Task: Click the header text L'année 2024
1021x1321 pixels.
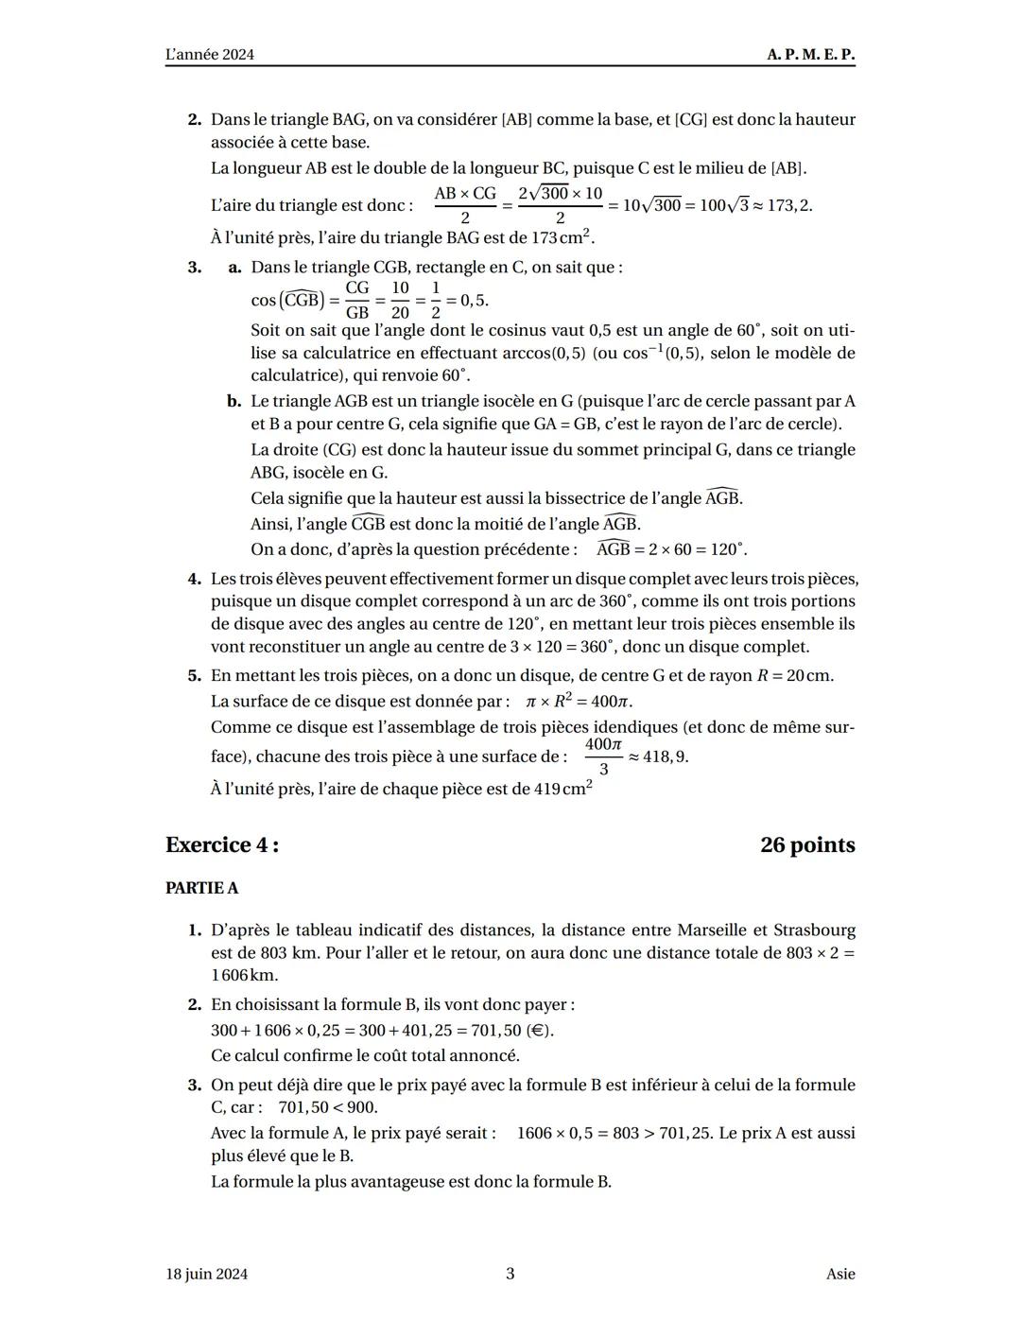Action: click(209, 54)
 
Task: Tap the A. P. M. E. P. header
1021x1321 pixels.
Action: click(810, 54)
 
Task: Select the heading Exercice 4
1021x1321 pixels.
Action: click(221, 844)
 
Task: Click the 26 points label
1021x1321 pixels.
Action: click(806, 844)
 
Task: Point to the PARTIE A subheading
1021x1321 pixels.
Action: click(201, 888)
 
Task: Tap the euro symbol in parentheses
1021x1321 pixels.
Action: click(536, 1030)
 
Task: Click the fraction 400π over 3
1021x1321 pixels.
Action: click(603, 756)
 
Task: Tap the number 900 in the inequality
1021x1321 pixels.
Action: click(362, 1106)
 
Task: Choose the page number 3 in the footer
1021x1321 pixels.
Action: click(510, 1274)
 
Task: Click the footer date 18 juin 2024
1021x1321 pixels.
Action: click(206, 1274)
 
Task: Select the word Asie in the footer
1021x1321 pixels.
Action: click(839, 1274)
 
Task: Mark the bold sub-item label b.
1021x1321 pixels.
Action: click(234, 401)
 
